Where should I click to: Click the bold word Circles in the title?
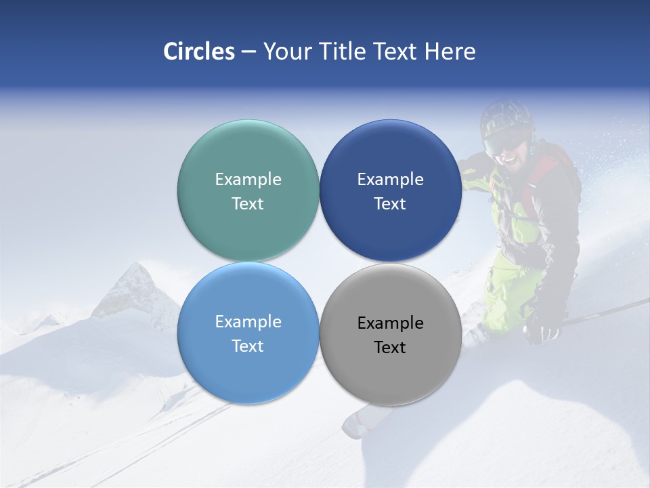point(199,52)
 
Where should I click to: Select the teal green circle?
point(248,156)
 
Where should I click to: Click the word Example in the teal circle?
point(248,180)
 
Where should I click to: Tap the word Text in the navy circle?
point(390,204)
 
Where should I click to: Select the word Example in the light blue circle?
point(248,322)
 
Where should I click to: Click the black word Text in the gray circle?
point(390,348)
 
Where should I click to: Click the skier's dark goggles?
point(504,142)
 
